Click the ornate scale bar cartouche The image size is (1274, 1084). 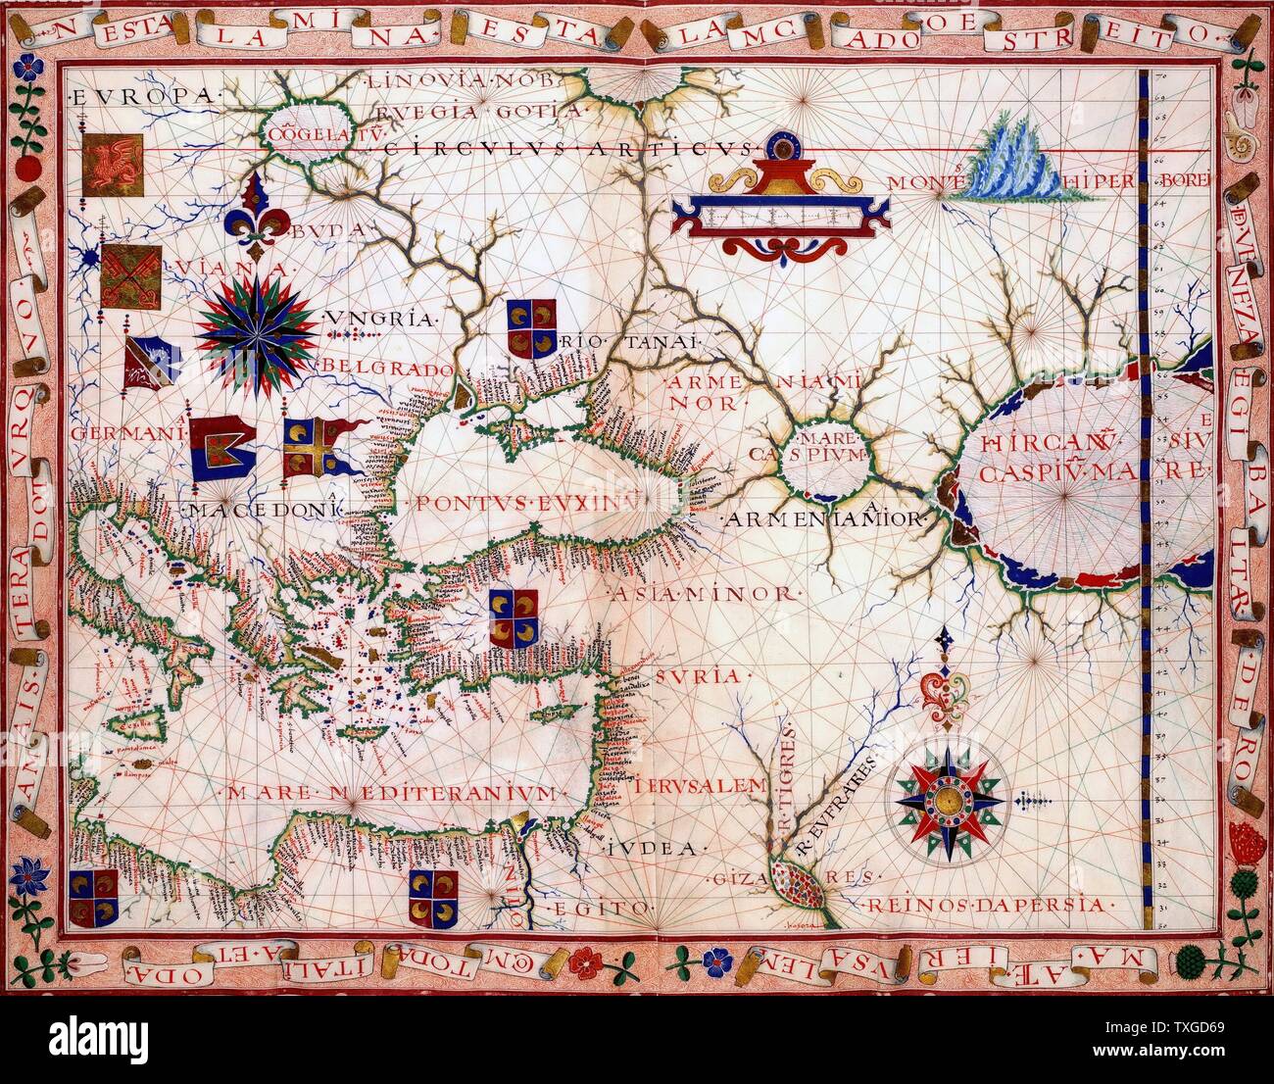[780, 208]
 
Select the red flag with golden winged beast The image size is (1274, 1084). [113, 163]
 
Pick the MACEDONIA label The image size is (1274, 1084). [265, 510]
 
